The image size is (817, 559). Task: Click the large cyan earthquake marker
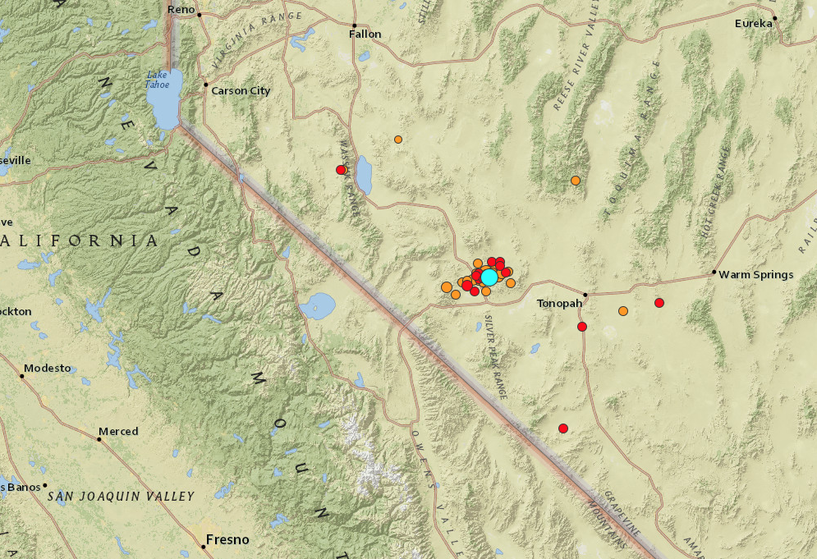click(x=489, y=277)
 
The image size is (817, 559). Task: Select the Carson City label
click(x=241, y=91)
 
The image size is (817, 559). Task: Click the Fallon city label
click(x=365, y=34)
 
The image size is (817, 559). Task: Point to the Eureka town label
click(x=753, y=23)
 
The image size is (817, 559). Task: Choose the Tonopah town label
click(x=559, y=304)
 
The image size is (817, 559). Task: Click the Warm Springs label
click(x=755, y=274)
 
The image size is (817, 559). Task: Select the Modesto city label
click(x=48, y=368)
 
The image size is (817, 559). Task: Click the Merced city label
click(x=118, y=431)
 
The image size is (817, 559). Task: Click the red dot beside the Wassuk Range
click(x=341, y=170)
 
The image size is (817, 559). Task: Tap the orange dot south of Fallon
click(x=398, y=140)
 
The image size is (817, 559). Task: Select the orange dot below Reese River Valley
click(x=576, y=181)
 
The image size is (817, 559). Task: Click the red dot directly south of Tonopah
click(x=582, y=327)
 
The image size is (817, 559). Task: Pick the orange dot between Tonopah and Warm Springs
click(x=623, y=311)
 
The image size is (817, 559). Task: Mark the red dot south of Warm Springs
click(x=659, y=303)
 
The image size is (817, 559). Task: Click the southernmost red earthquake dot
click(x=563, y=428)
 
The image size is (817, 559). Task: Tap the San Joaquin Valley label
click(x=121, y=496)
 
